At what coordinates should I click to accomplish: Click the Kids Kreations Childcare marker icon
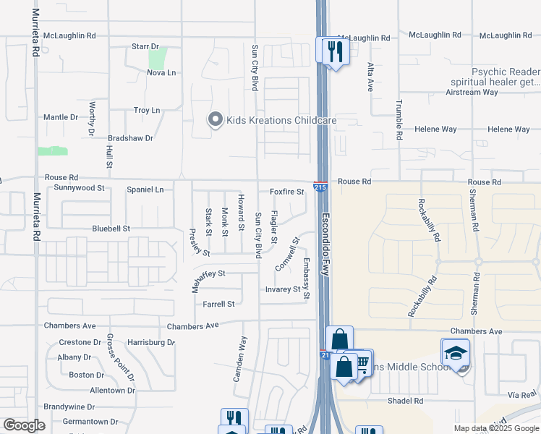click(215, 120)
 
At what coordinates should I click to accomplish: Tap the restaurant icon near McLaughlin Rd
click(333, 51)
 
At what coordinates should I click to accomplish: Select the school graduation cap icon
click(455, 353)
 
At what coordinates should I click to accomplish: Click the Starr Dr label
click(145, 46)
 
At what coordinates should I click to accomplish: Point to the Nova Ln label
click(161, 72)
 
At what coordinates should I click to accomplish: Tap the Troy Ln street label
click(147, 110)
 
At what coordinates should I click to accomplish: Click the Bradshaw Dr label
click(130, 137)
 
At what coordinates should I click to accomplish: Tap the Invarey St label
click(283, 289)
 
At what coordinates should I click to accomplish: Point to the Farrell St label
click(218, 305)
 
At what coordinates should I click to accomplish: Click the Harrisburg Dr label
click(151, 341)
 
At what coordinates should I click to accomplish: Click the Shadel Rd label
click(404, 400)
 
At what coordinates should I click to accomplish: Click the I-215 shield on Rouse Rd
click(319, 187)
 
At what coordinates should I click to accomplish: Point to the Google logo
click(25, 425)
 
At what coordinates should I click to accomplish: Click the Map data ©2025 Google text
click(496, 428)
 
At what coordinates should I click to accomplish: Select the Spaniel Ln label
click(145, 190)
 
